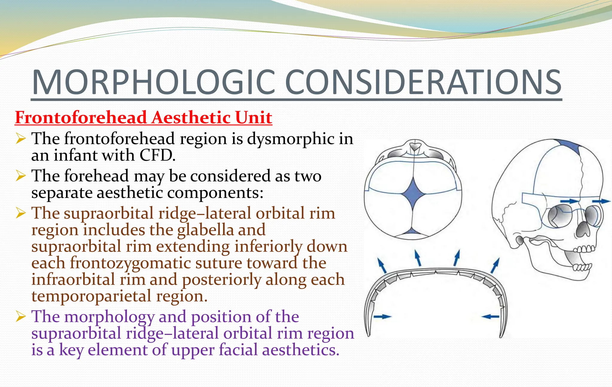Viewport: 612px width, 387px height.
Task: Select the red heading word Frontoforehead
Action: point(81,117)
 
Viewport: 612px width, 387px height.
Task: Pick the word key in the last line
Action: point(71,350)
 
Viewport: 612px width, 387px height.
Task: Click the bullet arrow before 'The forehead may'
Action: point(21,176)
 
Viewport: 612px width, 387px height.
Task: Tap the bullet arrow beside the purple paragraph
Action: point(21,316)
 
